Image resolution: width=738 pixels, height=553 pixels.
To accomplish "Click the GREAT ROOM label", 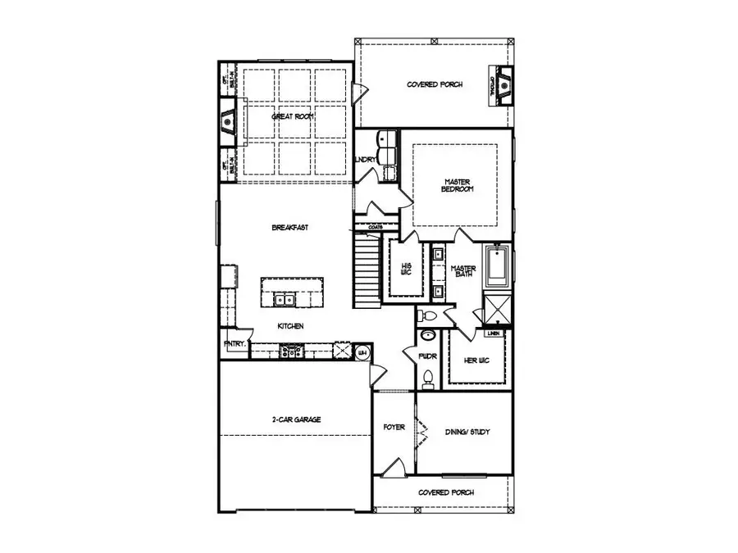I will pyautogui.click(x=293, y=117).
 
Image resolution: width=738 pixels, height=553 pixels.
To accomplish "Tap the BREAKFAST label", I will pyautogui.click(x=289, y=227).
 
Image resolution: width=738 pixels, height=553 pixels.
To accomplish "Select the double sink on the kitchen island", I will pyautogui.click(x=285, y=301).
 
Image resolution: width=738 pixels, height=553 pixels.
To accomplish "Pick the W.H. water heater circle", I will pyautogui.click(x=363, y=352).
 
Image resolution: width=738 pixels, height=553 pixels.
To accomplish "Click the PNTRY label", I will pyautogui.click(x=234, y=344).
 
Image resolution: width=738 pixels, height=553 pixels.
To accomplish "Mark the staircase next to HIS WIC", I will pyautogui.click(x=367, y=270).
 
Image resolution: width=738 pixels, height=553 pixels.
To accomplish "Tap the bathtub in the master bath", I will pyautogui.click(x=497, y=266).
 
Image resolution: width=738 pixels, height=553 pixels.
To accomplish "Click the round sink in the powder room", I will pyautogui.click(x=426, y=336).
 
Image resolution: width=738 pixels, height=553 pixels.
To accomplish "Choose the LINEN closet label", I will pyautogui.click(x=492, y=333).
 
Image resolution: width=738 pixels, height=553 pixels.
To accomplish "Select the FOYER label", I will pyautogui.click(x=394, y=428).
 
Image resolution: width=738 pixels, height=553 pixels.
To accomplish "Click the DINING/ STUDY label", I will pyautogui.click(x=467, y=432).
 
